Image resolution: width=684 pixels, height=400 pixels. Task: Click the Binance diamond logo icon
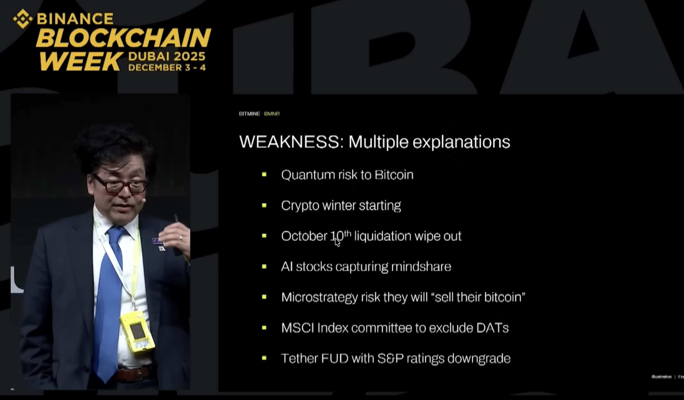point(22,19)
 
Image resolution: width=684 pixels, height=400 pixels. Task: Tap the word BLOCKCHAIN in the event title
point(123,38)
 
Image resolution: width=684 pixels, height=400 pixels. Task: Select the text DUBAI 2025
point(167,56)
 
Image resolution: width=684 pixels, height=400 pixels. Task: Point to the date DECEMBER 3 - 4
point(167,67)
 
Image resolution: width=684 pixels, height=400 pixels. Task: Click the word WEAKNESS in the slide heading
point(289,142)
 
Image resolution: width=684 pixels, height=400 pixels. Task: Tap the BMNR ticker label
point(272,114)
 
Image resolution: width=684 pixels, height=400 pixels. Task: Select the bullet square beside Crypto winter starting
point(264,206)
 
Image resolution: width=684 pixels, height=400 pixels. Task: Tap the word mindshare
point(421,267)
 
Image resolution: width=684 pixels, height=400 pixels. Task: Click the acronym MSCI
point(297,328)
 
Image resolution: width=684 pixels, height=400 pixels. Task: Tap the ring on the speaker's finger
point(181,238)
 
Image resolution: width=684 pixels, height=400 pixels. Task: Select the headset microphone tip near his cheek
point(144,201)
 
